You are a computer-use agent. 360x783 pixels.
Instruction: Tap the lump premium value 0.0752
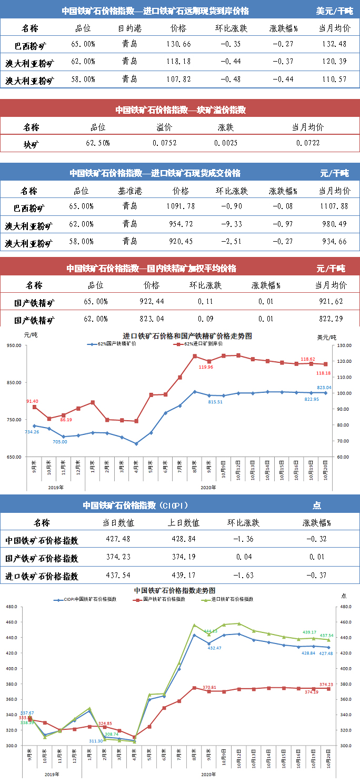(x=165, y=143)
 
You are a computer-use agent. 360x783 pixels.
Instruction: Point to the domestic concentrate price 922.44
(x=151, y=302)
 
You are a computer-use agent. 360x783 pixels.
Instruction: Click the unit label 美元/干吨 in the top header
(x=334, y=11)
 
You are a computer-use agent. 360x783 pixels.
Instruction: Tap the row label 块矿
(x=31, y=144)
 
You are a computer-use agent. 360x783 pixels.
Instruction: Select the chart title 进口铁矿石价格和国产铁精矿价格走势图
(x=187, y=335)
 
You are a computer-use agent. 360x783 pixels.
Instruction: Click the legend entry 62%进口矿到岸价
(x=201, y=344)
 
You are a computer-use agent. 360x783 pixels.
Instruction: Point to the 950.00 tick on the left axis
(x=14, y=345)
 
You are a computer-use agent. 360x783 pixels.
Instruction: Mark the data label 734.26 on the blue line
(x=32, y=432)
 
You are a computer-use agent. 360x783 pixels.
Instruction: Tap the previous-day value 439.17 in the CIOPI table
(x=185, y=576)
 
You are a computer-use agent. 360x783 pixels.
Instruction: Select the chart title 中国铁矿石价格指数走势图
(x=175, y=590)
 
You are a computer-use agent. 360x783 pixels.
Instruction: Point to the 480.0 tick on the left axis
(x=12, y=607)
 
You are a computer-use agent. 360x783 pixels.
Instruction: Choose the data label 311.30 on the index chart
(x=96, y=741)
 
